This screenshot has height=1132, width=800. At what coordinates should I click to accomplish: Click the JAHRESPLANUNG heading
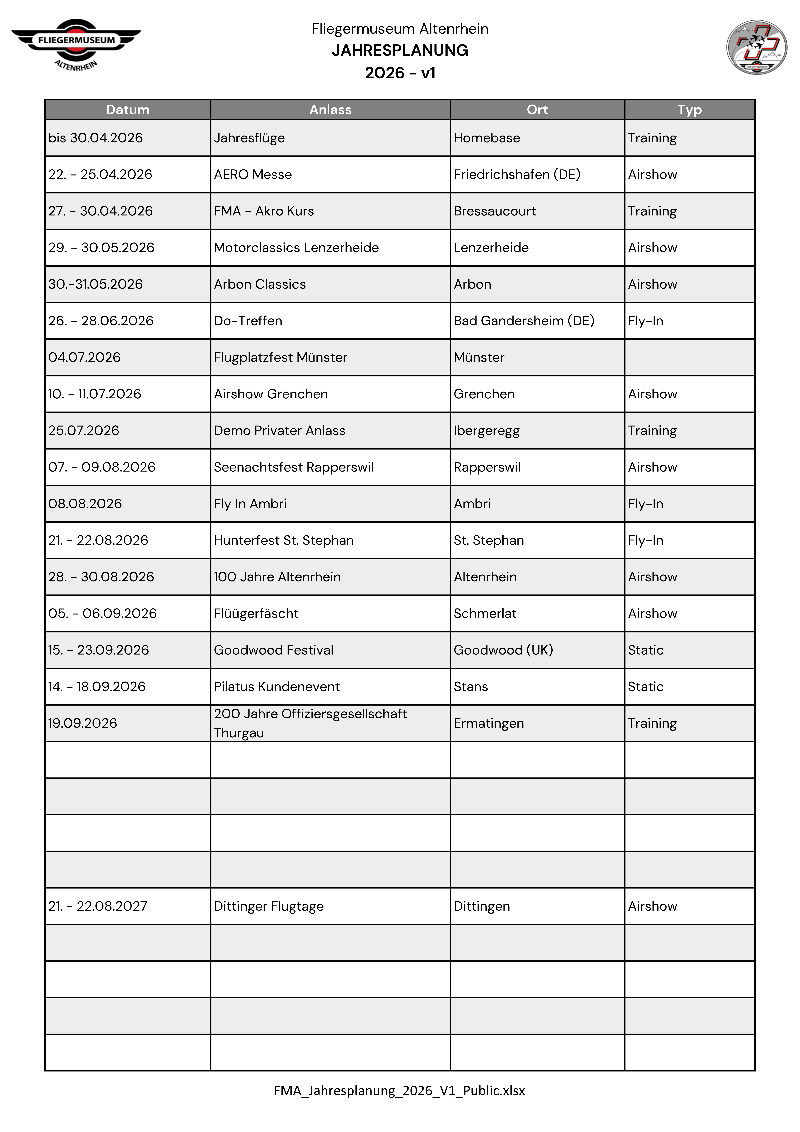point(400,50)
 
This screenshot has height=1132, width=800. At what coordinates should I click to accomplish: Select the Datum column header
point(128,109)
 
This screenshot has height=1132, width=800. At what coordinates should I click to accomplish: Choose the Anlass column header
point(330,109)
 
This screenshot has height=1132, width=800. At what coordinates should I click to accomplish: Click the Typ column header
point(689,109)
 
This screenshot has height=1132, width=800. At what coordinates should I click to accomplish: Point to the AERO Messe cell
point(253,175)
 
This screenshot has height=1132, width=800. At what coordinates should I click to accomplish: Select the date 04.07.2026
point(84,357)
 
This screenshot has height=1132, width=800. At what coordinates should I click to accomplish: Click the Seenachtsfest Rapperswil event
point(294,467)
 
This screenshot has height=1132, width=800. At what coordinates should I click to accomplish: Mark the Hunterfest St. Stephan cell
point(283,540)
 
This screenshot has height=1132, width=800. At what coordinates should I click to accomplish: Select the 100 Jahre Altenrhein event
point(277,577)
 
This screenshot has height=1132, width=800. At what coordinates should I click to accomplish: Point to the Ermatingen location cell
point(489,723)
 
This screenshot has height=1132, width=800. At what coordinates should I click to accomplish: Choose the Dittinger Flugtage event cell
point(269,906)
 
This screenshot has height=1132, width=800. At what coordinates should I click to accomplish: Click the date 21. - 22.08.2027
point(98,906)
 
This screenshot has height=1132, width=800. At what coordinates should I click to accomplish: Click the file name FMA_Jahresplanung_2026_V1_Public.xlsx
point(399,1090)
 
